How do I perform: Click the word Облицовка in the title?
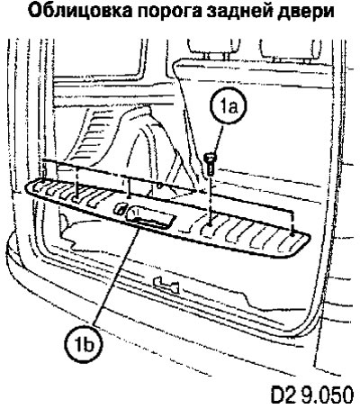pyautogui.click(x=76, y=12)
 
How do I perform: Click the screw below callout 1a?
pyautogui.click(x=211, y=164)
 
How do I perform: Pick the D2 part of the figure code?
pyautogui.click(x=284, y=395)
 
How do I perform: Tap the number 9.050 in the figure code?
pyautogui.click(x=328, y=395)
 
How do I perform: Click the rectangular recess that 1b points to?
pyautogui.click(x=150, y=217)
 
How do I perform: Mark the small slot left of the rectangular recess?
pyautogui.click(x=119, y=208)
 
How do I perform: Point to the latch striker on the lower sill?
pyautogui.click(x=166, y=286)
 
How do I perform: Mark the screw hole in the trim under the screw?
pyautogui.click(x=211, y=223)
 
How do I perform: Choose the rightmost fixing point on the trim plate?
pyautogui.click(x=292, y=231)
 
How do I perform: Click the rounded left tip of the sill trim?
pyautogui.click(x=26, y=187)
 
